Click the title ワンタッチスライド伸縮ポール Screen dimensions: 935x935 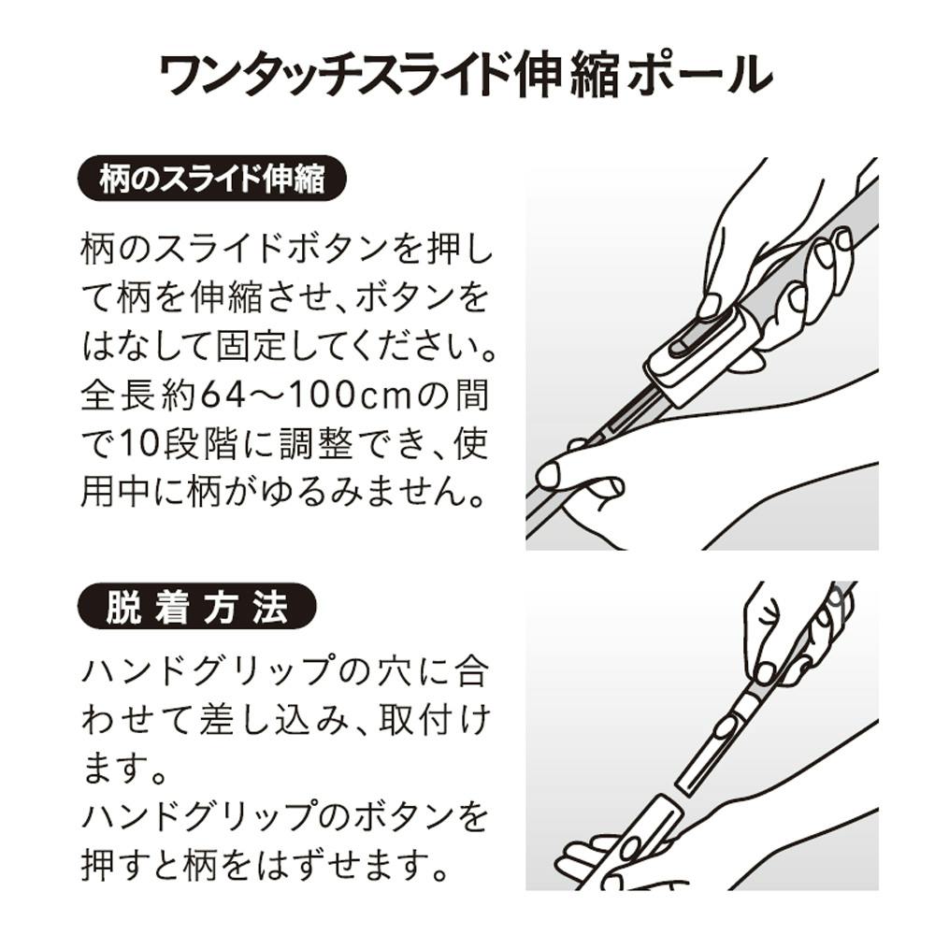467,75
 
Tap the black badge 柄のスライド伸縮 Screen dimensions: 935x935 212,179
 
